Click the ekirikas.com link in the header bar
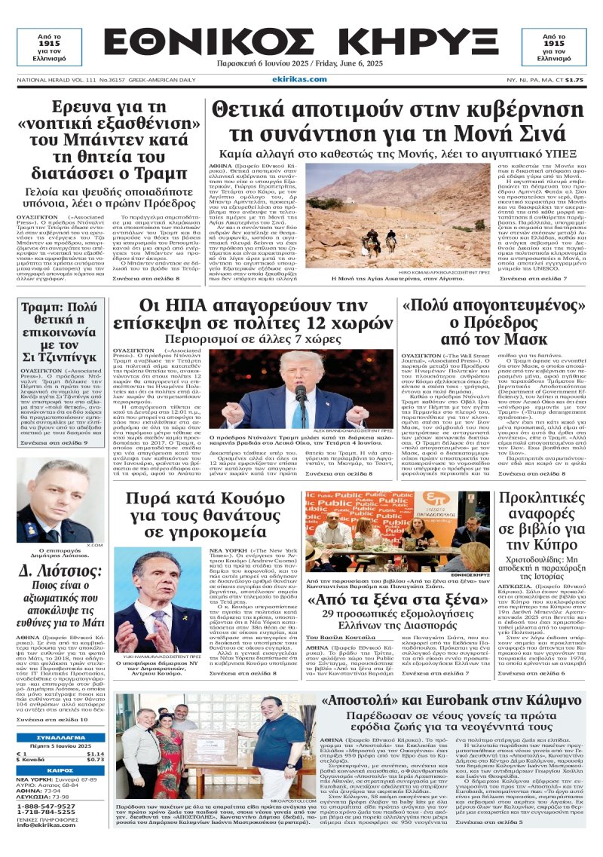pos(301,79)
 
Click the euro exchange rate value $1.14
pos(95,754)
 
